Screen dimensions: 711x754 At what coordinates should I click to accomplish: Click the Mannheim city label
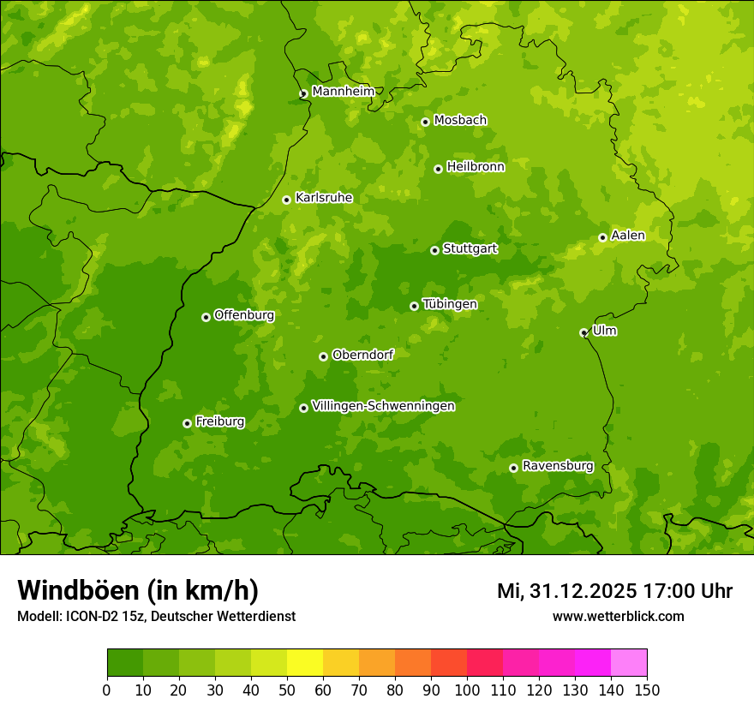(343, 92)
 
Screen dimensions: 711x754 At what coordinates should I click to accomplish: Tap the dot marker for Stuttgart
(434, 250)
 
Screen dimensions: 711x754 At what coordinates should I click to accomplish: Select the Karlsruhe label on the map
(324, 198)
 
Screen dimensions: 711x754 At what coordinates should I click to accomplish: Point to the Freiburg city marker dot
(187, 423)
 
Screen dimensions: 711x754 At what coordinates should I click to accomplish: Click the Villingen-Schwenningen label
(383, 406)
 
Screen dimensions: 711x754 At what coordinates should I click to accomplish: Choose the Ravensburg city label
(557, 466)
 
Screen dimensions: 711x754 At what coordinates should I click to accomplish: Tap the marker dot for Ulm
(583, 332)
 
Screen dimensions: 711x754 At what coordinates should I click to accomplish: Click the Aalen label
(628, 236)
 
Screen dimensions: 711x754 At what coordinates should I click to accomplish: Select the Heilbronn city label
(476, 167)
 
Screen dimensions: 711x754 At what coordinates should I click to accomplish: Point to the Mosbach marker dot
(425, 122)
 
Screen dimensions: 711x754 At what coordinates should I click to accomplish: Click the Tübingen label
(450, 304)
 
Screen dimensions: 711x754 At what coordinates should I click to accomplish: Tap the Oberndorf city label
(362, 355)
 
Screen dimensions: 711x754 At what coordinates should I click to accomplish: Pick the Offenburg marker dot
(206, 317)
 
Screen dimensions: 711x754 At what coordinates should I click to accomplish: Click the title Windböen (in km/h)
(138, 590)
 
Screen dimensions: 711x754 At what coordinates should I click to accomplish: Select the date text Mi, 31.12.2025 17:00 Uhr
(614, 591)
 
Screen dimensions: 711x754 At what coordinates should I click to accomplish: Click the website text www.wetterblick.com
(618, 616)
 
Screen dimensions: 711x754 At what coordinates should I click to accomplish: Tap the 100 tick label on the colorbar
(467, 690)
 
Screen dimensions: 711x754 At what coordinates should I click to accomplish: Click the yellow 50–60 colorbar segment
(305, 662)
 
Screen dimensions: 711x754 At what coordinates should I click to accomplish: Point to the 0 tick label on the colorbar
(107, 690)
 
